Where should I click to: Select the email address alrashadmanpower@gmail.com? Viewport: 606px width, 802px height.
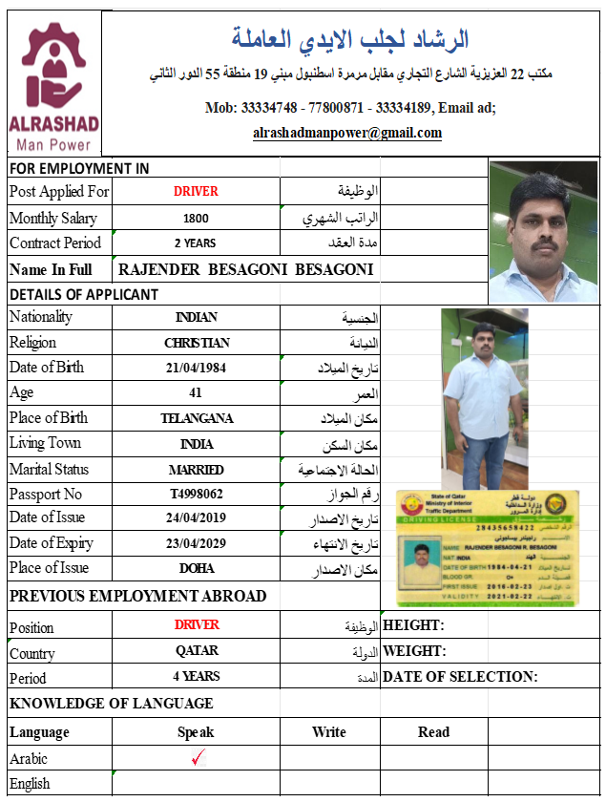click(347, 133)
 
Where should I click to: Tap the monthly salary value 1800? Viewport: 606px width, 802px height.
click(196, 218)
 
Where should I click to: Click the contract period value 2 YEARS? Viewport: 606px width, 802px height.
click(196, 243)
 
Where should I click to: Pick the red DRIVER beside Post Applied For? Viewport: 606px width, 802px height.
click(196, 191)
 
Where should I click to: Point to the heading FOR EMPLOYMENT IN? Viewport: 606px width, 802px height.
click(79, 168)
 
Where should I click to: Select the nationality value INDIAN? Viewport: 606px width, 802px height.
click(196, 317)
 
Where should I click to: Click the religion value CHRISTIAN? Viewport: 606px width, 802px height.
click(196, 343)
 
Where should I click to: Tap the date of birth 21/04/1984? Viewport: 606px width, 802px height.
click(196, 368)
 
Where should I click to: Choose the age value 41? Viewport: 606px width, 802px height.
click(196, 392)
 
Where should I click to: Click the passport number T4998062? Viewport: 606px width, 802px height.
click(196, 494)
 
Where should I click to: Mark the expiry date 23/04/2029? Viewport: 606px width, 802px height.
click(196, 543)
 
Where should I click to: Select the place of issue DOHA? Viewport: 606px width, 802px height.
click(196, 568)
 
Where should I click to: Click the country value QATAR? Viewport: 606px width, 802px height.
click(196, 650)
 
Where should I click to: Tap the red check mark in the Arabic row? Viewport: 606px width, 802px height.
click(199, 759)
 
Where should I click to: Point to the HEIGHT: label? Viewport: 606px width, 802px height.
click(413, 625)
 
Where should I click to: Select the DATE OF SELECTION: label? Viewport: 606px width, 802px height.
click(459, 676)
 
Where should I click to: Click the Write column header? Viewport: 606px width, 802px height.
click(328, 732)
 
